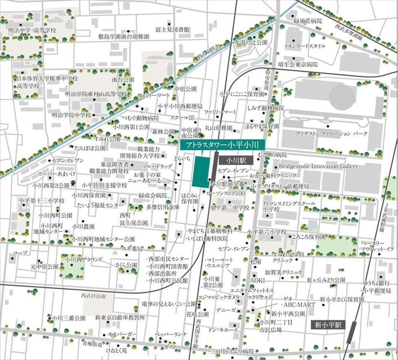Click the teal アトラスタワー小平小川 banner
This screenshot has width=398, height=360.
pyautogui.click(x=221, y=145)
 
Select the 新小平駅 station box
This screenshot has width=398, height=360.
pyautogui.click(x=328, y=325)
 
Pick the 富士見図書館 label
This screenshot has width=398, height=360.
pyautogui.click(x=172, y=29)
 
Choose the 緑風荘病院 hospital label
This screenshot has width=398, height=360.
pyautogui.click(x=308, y=21)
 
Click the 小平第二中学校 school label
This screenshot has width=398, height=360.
pyautogui.click(x=230, y=208)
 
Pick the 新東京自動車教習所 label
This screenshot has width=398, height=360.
pyautogui.click(x=120, y=318)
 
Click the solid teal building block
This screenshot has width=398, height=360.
pyautogui.click(x=201, y=172)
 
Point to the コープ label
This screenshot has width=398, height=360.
pyautogui.click(x=20, y=253)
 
